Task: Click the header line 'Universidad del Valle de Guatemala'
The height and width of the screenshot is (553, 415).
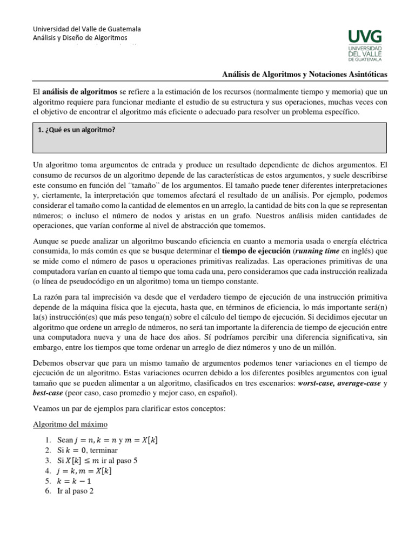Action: click(87, 29)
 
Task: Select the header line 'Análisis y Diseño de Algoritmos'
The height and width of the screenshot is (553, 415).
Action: click(80, 38)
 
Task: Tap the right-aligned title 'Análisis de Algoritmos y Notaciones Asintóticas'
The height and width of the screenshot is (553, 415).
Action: click(305, 74)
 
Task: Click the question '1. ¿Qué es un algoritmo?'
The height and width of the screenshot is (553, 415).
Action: click(77, 130)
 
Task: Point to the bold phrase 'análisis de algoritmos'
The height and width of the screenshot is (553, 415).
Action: click(80, 91)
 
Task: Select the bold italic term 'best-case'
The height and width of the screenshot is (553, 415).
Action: click(48, 394)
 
